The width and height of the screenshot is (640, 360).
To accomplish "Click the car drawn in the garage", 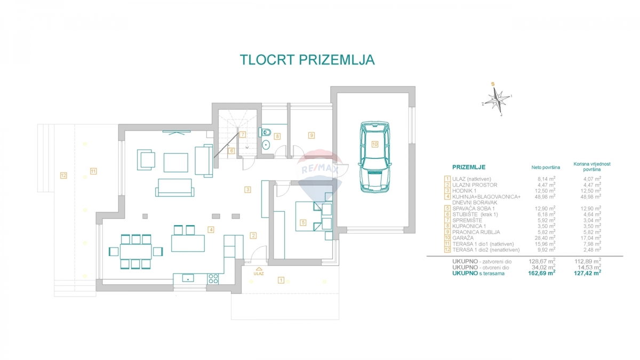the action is click(374, 157).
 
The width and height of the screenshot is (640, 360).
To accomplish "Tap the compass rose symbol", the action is click(497, 99).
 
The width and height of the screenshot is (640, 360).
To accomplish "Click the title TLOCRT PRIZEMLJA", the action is click(307, 60).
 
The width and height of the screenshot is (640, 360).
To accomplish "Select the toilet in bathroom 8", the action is click(265, 132).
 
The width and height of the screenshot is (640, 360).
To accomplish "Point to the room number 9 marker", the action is click(311, 135).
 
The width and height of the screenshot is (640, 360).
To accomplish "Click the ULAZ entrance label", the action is click(259, 274).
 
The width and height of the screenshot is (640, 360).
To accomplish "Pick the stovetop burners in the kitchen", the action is click(213, 278).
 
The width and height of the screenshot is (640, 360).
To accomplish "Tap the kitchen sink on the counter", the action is click(188, 278).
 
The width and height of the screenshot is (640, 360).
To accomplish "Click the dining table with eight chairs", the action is click(135, 251).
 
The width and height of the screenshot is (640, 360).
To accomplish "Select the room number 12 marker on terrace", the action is click(63, 175).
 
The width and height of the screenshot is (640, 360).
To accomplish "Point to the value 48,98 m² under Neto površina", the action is click(545, 197).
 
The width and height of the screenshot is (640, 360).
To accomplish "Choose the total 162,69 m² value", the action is click(542, 273).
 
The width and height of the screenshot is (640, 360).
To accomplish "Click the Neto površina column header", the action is click(546, 167).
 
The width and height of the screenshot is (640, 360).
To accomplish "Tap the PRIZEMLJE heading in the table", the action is click(469, 167).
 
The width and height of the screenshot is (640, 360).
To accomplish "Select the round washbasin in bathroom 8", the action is click(266, 145).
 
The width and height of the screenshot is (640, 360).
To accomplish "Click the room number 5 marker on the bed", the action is click(303, 222).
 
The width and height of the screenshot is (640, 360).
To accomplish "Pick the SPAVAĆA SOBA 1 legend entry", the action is click(474, 209).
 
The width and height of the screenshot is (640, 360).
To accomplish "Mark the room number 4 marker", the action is click(211, 229).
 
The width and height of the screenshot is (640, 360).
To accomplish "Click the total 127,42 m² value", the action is click(587, 273).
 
